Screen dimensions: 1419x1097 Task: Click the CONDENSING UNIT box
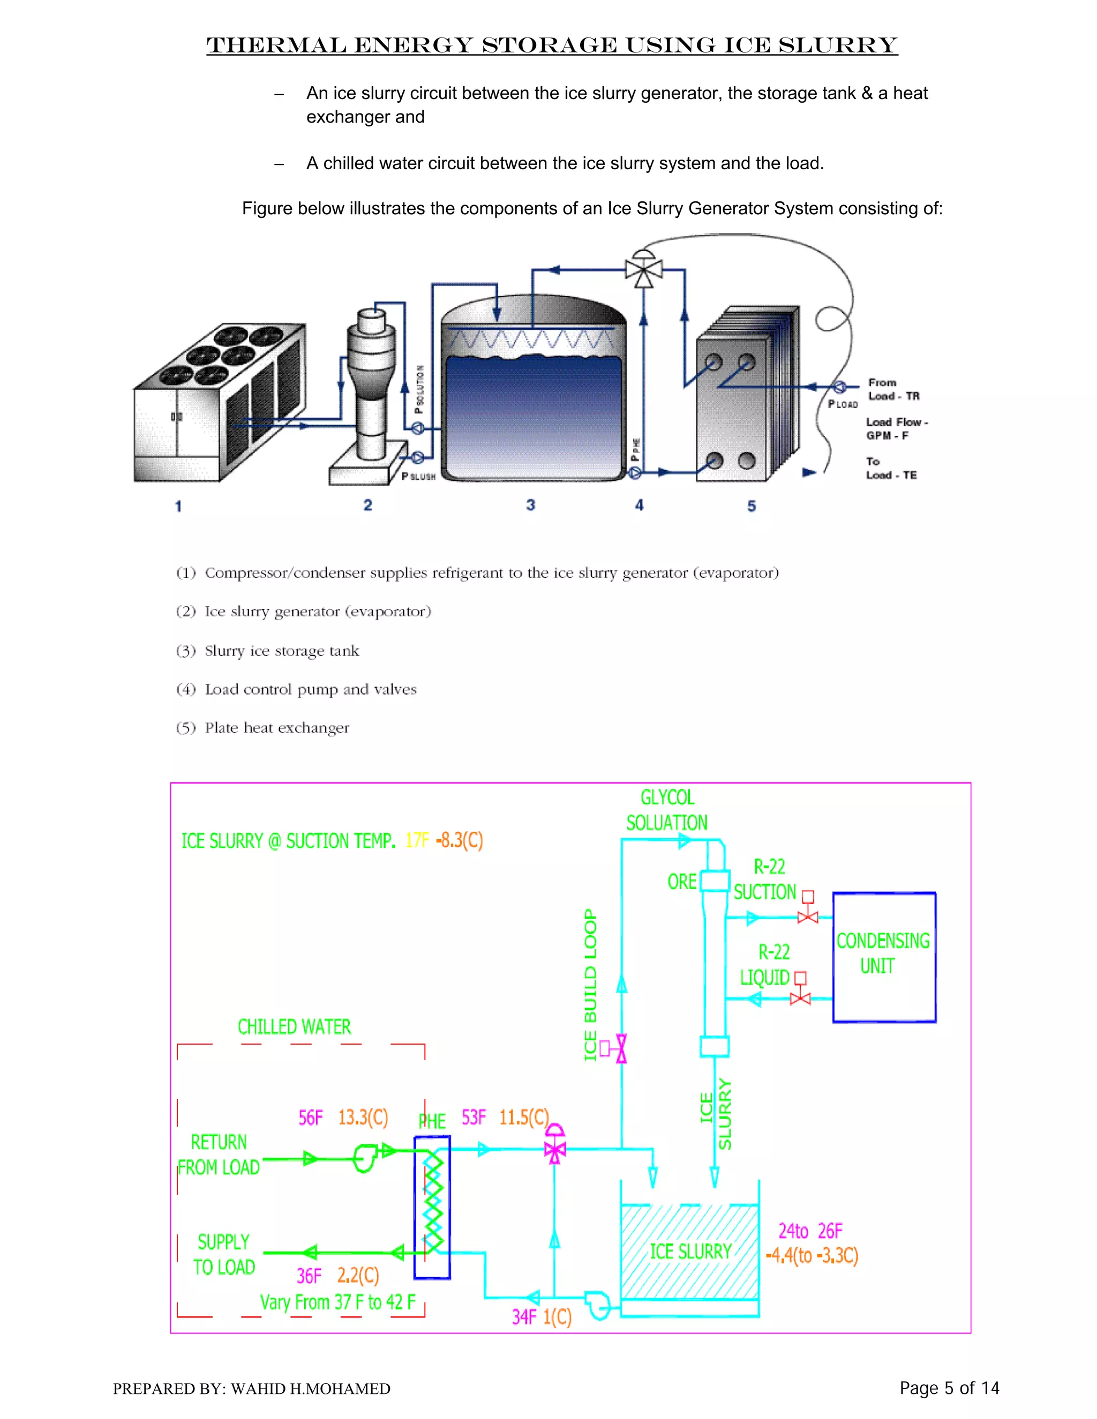coord(884,956)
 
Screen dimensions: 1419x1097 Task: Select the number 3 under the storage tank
coord(530,505)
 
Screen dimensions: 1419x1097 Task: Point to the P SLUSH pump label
coord(418,476)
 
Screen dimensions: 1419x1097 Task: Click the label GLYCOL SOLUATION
coord(667,810)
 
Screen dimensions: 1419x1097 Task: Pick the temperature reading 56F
coord(311,1118)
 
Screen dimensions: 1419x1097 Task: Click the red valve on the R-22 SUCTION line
coord(807,917)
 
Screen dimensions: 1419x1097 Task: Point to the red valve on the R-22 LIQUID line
coord(800,998)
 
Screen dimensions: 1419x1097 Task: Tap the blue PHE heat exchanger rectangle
coord(432,1207)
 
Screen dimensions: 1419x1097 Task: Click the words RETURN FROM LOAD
coord(219,1154)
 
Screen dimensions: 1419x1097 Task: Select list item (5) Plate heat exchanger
coord(262,728)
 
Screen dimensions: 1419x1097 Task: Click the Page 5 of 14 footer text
coord(949,1388)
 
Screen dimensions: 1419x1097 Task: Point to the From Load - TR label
coord(893,389)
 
